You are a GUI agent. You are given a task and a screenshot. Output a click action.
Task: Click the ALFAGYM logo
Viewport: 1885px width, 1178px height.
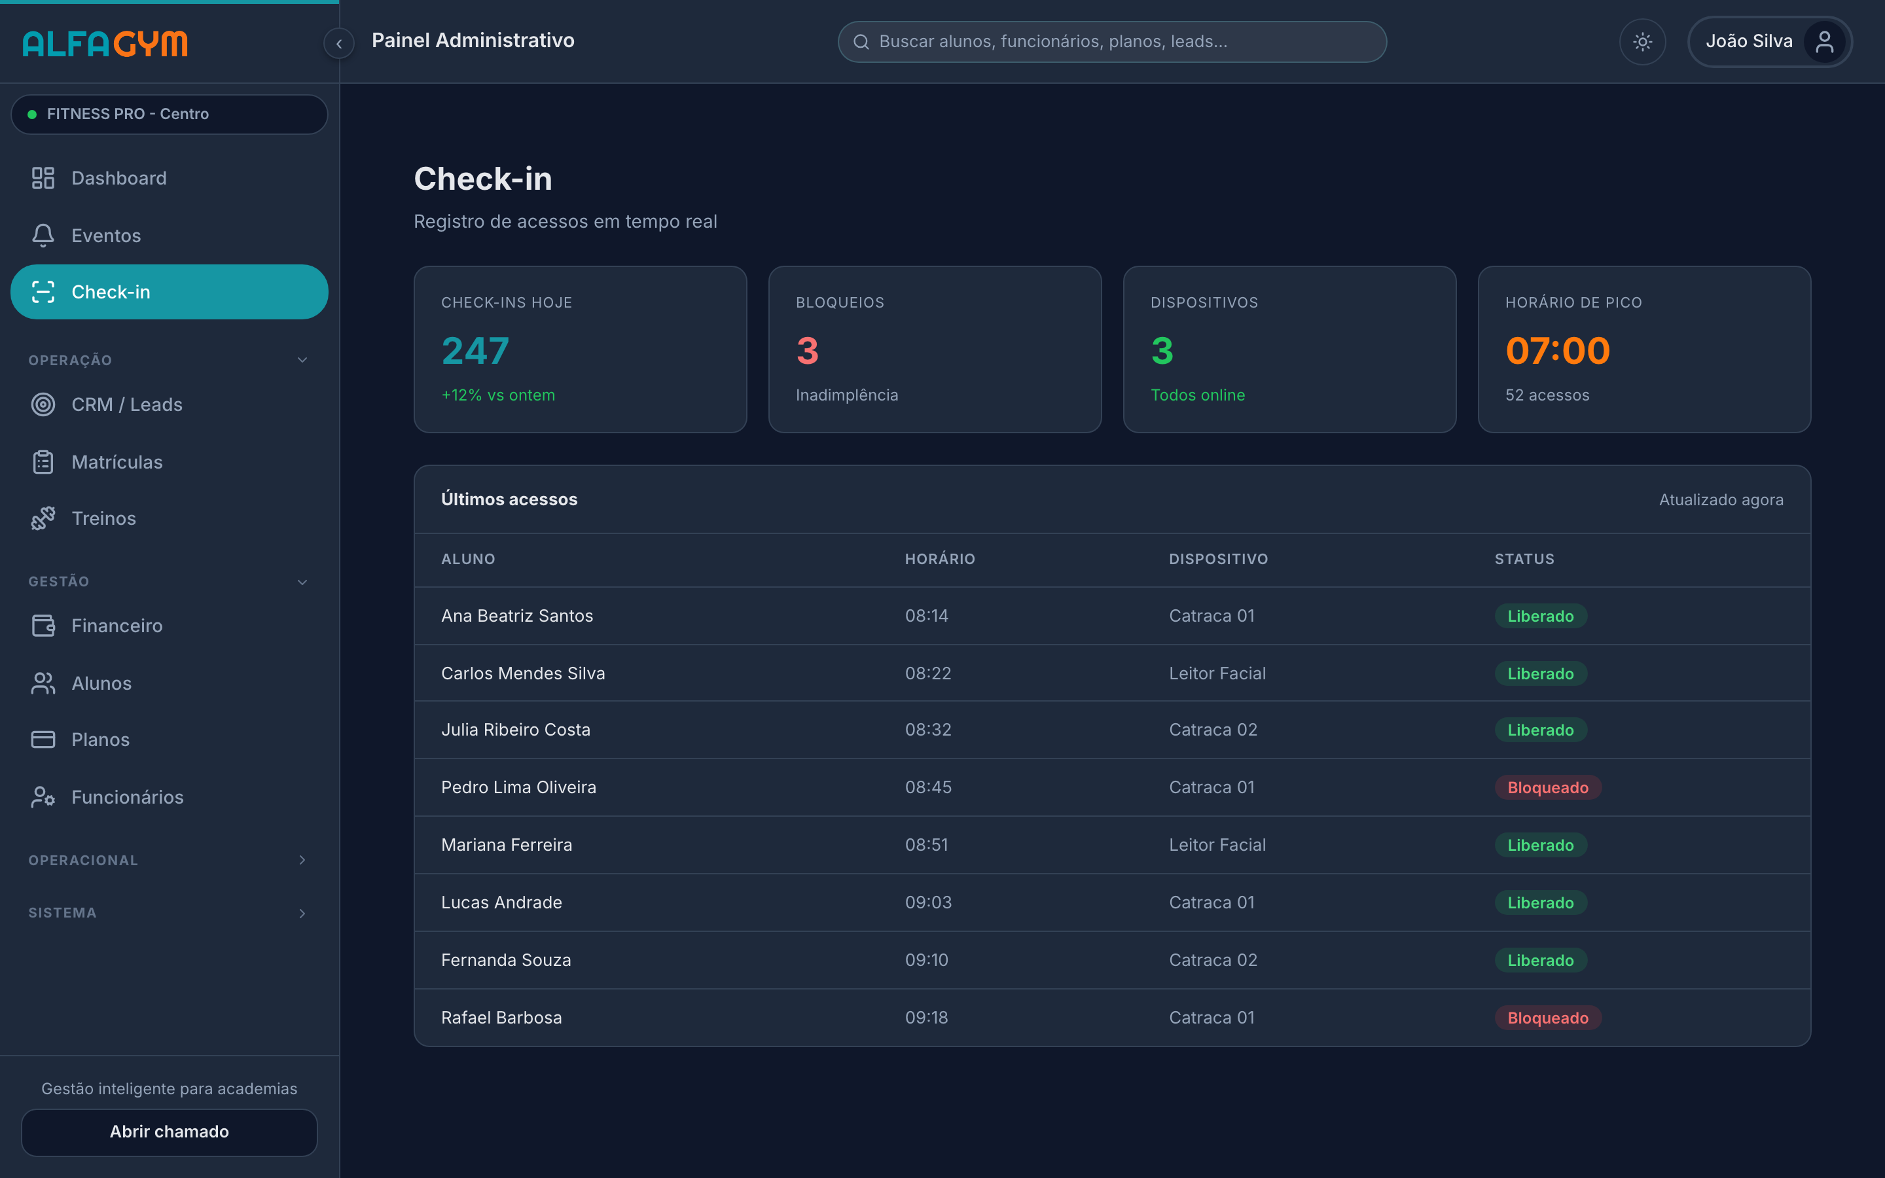[x=105, y=44]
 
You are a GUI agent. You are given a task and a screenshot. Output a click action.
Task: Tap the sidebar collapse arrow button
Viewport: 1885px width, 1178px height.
[x=339, y=44]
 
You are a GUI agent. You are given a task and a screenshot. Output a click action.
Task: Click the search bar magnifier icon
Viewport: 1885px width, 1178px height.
[x=861, y=42]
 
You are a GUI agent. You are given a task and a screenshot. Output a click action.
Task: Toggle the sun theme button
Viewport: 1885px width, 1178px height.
[x=1642, y=41]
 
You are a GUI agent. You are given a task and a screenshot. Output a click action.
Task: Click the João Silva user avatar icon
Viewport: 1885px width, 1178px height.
[x=1824, y=41]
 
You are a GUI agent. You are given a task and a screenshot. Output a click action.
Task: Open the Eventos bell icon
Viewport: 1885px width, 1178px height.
[x=43, y=236]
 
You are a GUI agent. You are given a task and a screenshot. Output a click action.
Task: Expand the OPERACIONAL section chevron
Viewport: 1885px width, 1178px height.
[x=302, y=860]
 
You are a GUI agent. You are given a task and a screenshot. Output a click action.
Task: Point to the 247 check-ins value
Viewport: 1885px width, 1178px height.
[x=475, y=351]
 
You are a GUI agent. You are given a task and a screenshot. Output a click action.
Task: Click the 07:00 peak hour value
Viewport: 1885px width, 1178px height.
[x=1557, y=351]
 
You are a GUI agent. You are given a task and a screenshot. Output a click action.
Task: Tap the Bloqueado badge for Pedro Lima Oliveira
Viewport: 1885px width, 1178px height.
[x=1548, y=788]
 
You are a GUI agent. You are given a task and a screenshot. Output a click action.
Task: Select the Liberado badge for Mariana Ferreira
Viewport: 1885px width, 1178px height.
[x=1540, y=846]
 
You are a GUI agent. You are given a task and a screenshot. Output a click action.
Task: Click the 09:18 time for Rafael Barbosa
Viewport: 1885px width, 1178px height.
[x=926, y=1018]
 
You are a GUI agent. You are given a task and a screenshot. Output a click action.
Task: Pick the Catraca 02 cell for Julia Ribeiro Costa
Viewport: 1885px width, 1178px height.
[x=1213, y=730]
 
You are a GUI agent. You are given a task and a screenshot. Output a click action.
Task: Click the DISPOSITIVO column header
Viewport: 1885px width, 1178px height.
[x=1218, y=560]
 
